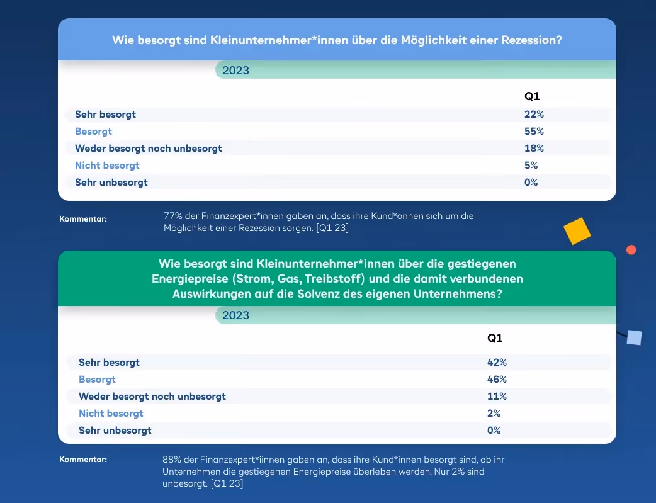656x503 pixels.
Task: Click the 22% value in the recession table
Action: click(x=534, y=114)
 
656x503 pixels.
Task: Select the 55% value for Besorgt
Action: click(x=534, y=132)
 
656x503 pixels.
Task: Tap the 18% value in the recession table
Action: click(x=534, y=148)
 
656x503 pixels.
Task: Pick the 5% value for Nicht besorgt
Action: click(x=531, y=166)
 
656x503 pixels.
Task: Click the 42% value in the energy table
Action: click(x=497, y=363)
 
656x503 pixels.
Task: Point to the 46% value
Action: click(x=497, y=380)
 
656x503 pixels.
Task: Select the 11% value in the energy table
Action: click(x=497, y=396)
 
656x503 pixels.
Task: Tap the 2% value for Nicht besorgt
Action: click(x=494, y=414)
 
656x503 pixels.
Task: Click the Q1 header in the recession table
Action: click(x=532, y=96)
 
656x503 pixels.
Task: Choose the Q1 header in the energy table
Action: click(x=494, y=338)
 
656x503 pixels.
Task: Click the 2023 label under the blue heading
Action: click(x=235, y=71)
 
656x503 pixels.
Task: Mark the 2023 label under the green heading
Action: click(x=235, y=315)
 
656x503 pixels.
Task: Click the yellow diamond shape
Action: click(x=577, y=231)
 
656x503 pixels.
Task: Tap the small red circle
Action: click(x=631, y=250)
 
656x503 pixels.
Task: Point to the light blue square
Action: click(x=634, y=337)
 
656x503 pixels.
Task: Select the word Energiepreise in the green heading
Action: click(x=190, y=279)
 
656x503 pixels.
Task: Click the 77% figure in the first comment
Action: click(x=172, y=216)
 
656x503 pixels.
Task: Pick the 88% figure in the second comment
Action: click(x=172, y=460)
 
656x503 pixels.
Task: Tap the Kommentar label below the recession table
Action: click(x=83, y=219)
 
